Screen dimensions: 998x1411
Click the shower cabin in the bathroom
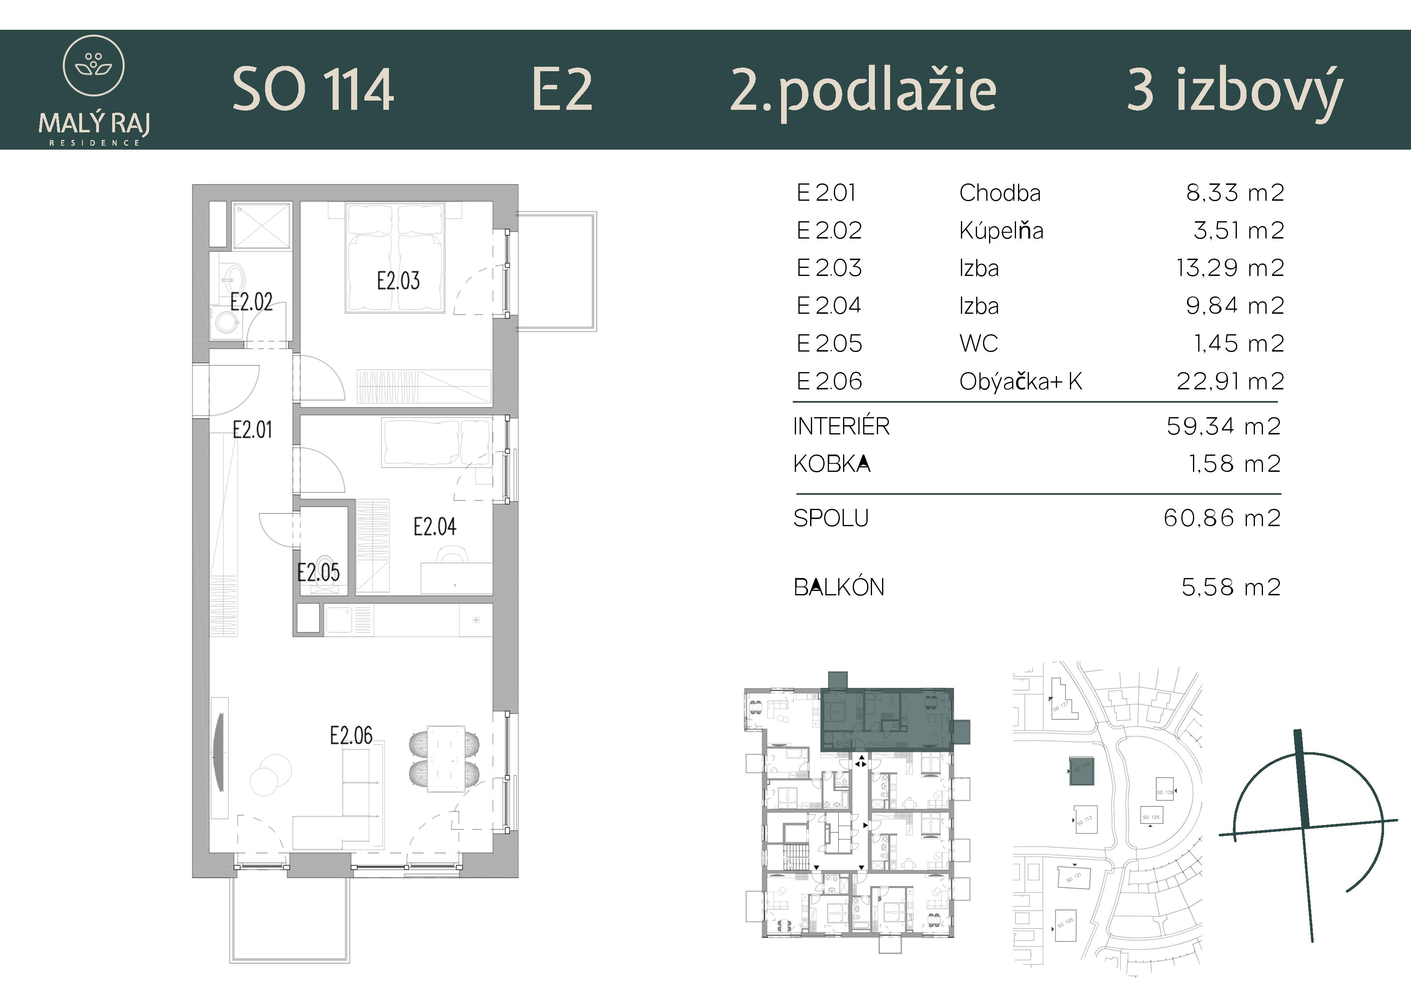[261, 226]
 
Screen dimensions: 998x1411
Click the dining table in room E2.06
[446, 759]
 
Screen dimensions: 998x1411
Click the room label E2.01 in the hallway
[252, 430]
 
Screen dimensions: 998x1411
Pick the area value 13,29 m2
[1230, 268]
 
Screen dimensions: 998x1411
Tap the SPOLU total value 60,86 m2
[1222, 518]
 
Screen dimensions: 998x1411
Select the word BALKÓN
[839, 587]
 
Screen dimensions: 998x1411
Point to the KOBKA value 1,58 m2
[1234, 464]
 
